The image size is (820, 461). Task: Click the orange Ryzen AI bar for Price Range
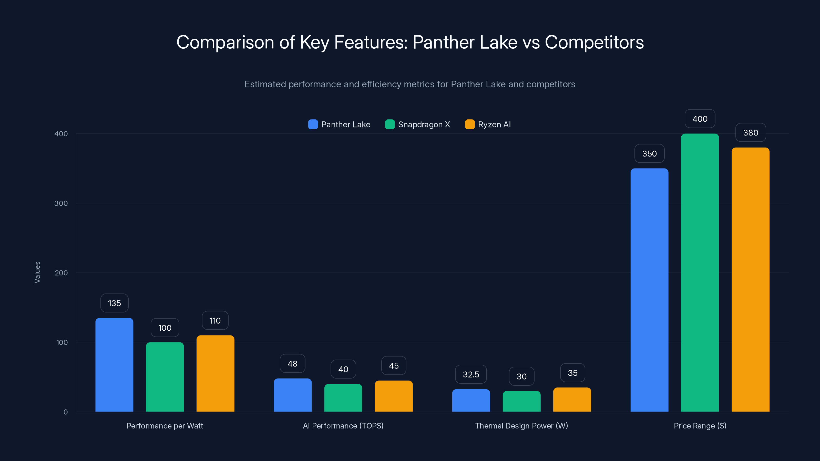pyautogui.click(x=750, y=280)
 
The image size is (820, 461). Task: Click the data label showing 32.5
pyautogui.click(x=471, y=374)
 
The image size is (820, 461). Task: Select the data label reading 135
pyautogui.click(x=114, y=303)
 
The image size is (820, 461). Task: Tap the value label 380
pyautogui.click(x=750, y=133)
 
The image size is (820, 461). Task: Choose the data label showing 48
pyautogui.click(x=293, y=364)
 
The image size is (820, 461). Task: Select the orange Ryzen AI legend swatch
pyautogui.click(x=469, y=124)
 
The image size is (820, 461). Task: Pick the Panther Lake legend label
pyautogui.click(x=346, y=124)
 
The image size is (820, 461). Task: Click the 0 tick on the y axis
pyautogui.click(x=66, y=412)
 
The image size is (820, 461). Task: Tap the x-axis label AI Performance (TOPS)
pyautogui.click(x=343, y=426)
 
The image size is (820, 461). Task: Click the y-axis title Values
pyautogui.click(x=37, y=272)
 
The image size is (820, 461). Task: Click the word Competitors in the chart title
pyautogui.click(x=594, y=42)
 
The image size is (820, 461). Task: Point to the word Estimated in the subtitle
pyautogui.click(x=265, y=84)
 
